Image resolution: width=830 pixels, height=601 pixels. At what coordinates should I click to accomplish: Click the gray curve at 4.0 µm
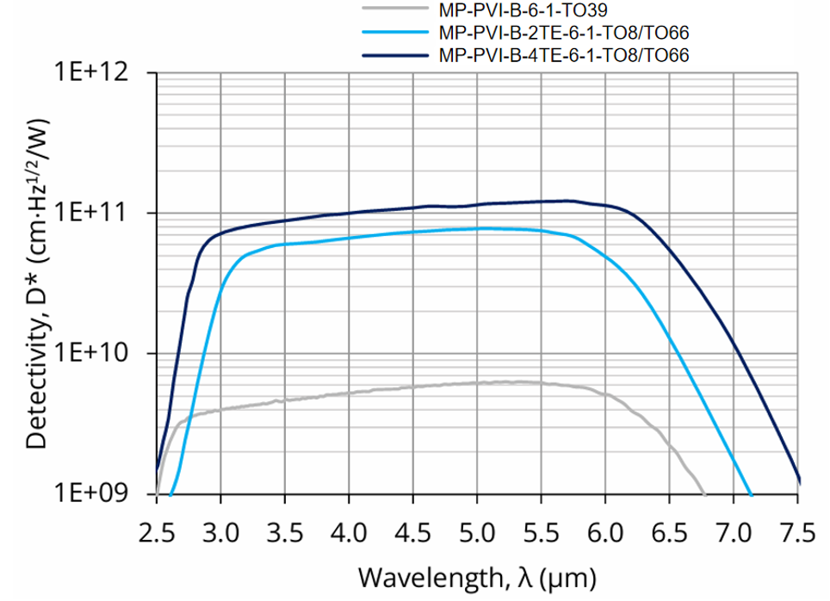(349, 393)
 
